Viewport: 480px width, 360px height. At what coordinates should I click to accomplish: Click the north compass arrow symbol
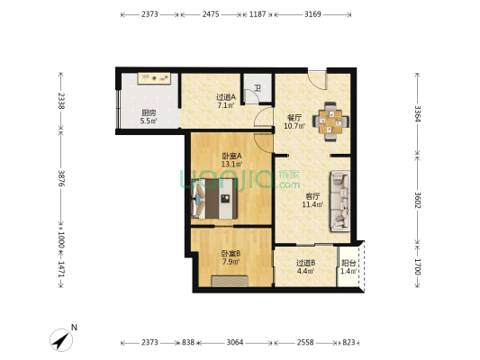coord(62,339)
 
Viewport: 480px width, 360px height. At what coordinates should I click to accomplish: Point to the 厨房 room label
coord(149,112)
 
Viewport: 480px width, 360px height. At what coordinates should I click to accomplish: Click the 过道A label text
coord(225,97)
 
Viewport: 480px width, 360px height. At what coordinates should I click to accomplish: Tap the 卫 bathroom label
coord(258,88)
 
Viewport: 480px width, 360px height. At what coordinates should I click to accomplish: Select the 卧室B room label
coord(231,254)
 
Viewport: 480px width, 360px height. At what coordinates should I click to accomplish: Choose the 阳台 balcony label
coord(348,263)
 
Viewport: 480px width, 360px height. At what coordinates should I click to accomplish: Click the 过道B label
coord(304,263)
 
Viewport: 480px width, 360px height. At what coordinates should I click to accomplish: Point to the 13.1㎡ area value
coord(231,164)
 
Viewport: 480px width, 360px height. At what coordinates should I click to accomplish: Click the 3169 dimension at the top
coord(313,15)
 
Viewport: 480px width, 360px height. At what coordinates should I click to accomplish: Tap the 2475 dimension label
coord(211,15)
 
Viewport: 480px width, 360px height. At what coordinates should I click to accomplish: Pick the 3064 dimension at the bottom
coord(235,343)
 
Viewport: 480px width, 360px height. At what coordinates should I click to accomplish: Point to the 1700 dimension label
coord(417,266)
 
